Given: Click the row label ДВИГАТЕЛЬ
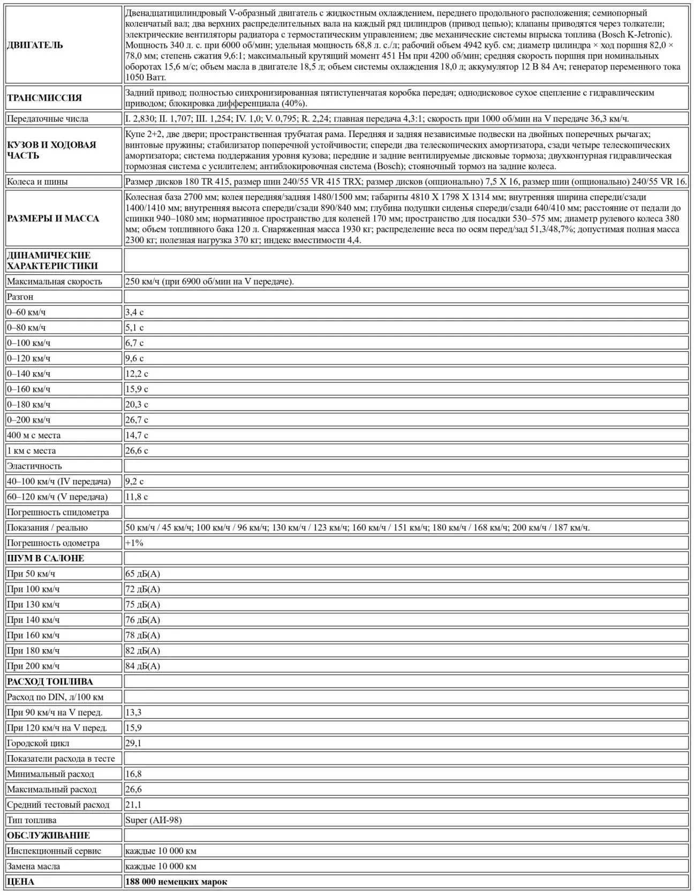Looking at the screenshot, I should (x=35, y=45).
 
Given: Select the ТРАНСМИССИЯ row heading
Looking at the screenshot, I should (x=44, y=98).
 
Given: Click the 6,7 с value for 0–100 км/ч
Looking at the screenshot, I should (x=134, y=343).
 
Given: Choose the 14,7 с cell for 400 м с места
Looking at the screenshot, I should (x=137, y=435).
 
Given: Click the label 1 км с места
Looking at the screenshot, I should (x=32, y=451).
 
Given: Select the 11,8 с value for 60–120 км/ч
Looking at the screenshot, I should (x=137, y=497).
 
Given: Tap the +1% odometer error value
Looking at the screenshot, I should (x=134, y=543).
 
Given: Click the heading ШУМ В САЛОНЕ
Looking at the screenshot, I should (x=46, y=559).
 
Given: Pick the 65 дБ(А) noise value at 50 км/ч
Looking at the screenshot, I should (x=142, y=574).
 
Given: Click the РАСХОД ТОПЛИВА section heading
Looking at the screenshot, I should (x=50, y=682).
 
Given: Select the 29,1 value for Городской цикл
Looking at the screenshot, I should (x=133, y=743).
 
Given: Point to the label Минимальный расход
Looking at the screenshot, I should (x=50, y=774).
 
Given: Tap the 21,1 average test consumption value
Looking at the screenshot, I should (x=133, y=805).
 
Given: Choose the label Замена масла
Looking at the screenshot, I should (x=34, y=867).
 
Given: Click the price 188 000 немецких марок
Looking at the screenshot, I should (x=176, y=882).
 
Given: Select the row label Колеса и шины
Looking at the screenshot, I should (x=37, y=182).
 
